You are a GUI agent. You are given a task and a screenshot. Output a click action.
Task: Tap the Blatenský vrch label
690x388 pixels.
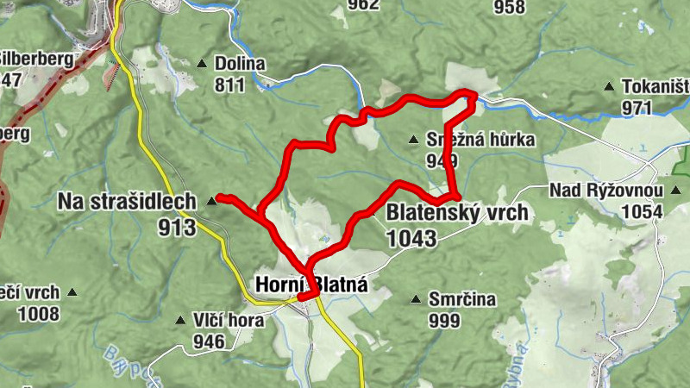click(x=456, y=212)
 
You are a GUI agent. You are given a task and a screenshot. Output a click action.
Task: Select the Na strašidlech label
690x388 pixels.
click(x=125, y=201)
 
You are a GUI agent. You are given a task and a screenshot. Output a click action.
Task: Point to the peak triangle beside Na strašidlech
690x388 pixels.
click(x=213, y=201)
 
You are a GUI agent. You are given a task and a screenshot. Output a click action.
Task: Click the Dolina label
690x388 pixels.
click(x=241, y=64)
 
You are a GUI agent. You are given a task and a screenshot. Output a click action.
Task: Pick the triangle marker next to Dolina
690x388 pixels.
click(x=202, y=63)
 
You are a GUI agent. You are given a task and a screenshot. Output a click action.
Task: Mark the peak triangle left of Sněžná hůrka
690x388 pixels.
click(x=414, y=139)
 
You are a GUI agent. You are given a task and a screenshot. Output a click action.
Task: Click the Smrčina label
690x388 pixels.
click(x=463, y=299)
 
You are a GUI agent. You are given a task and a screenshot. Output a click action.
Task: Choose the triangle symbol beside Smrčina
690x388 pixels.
click(x=417, y=299)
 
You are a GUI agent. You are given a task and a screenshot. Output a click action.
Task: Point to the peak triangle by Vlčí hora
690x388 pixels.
click(x=179, y=320)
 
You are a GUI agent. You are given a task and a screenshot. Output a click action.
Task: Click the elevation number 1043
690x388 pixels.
click(x=412, y=238)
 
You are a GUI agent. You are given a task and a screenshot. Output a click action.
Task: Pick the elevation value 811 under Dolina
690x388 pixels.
click(x=230, y=84)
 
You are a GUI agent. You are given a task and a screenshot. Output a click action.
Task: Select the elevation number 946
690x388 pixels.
click(x=209, y=341)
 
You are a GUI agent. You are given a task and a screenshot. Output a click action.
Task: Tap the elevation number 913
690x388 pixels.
click(x=177, y=227)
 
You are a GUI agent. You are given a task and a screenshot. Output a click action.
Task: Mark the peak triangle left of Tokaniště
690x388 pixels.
click(x=609, y=86)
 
